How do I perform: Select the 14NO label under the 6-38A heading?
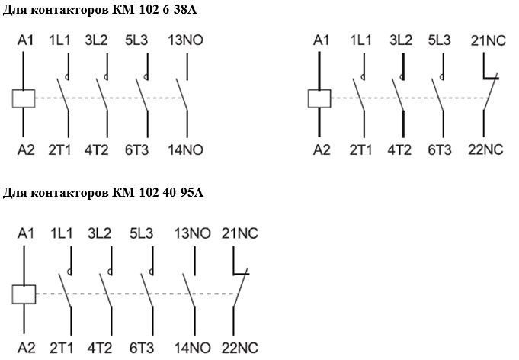[187, 149]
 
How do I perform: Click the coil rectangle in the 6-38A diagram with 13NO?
[24, 98]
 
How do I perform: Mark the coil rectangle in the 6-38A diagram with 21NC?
[319, 98]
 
